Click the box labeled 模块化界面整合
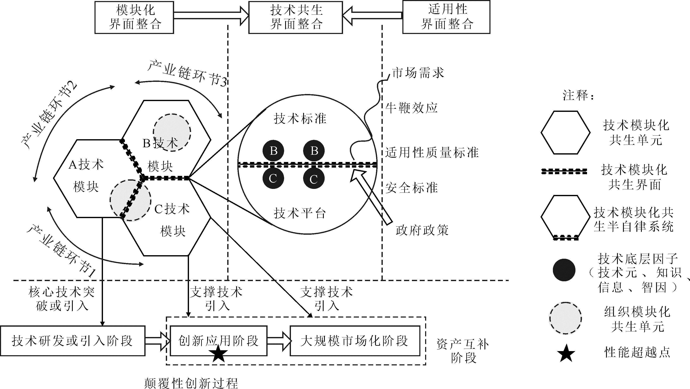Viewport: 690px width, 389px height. pyautogui.click(x=134, y=17)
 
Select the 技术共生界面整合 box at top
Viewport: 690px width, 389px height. pyautogui.click(x=295, y=17)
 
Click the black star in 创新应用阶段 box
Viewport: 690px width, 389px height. pyautogui.click(x=219, y=354)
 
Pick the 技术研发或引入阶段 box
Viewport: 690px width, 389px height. pyautogui.click(x=72, y=341)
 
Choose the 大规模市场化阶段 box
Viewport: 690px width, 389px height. pyautogui.click(x=355, y=341)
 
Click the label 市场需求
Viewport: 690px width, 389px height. pyautogui.click(x=418, y=73)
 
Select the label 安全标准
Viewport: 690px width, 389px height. pyautogui.click(x=411, y=188)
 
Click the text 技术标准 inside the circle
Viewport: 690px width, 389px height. pyautogui.click(x=300, y=118)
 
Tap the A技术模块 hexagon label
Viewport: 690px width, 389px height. pyautogui.click(x=86, y=176)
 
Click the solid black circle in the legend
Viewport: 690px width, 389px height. pyautogui.click(x=564, y=270)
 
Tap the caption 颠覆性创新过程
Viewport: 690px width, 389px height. pyautogui.click(x=191, y=383)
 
